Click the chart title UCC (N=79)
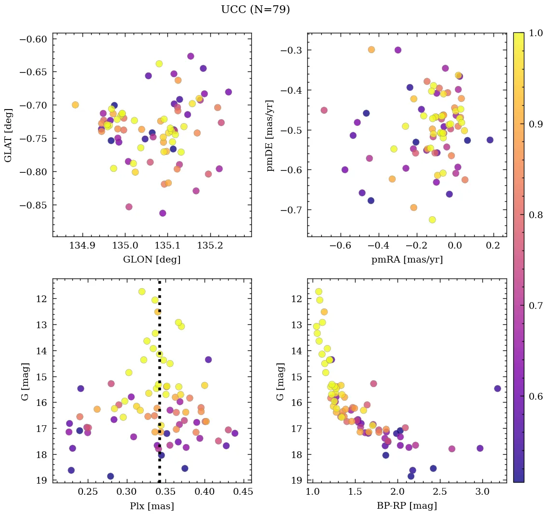point(255,10)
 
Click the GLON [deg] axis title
point(152,260)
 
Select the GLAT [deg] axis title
point(8,135)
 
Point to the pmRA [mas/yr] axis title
point(407,260)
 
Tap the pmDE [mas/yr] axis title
point(270,135)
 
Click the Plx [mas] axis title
point(152,506)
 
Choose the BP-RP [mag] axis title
point(407,506)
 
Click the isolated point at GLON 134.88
point(75,105)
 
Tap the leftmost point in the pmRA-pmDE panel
point(324,110)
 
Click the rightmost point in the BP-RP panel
point(497,389)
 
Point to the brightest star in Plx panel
point(142,292)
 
